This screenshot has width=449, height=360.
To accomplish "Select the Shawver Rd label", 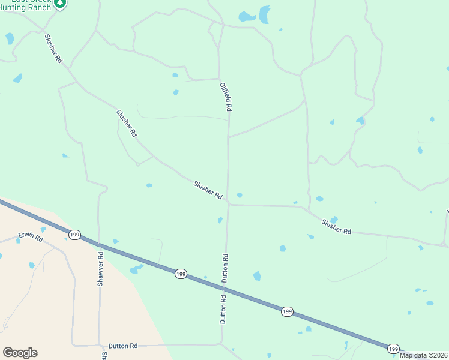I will point(100,270).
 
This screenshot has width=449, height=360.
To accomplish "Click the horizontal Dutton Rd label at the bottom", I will point(123,346).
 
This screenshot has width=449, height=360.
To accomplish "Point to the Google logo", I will point(20,353).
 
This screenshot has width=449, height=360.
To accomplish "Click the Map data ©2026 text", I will point(423,355).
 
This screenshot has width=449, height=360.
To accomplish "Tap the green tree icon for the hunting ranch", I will point(59,3).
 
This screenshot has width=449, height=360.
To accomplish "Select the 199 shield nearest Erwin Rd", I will point(74,234).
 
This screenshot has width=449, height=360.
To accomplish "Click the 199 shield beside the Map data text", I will point(393,349).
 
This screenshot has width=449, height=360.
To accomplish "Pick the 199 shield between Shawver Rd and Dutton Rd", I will point(181,274).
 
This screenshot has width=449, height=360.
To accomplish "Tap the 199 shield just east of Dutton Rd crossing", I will point(287,311).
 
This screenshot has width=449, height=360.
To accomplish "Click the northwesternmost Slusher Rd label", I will point(53,49).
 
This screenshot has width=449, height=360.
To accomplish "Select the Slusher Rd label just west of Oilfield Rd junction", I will point(208,190).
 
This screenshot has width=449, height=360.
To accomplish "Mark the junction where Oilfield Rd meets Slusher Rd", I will point(228,204).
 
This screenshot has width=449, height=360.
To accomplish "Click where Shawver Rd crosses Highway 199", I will point(99,244).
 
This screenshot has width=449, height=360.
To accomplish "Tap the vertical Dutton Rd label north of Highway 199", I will point(226,268).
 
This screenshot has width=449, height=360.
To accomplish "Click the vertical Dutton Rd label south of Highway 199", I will point(223,310).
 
